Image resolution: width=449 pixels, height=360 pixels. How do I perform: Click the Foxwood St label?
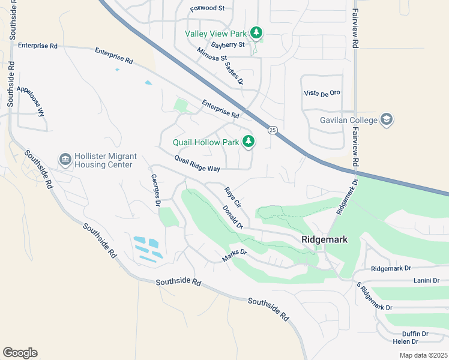pos(206,9)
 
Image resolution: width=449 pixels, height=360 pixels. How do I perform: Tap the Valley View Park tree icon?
pos(257,32)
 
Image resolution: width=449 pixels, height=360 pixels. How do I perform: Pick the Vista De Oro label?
pos(322,93)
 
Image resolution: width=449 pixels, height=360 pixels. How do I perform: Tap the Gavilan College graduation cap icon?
pos(387,119)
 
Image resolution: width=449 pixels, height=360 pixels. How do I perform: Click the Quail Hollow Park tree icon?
pos(248,142)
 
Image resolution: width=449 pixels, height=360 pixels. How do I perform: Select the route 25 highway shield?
pos(273,130)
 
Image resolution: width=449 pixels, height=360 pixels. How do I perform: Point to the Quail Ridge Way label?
pos(197,164)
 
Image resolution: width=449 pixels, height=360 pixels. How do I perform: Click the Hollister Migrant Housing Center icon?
pos(64,160)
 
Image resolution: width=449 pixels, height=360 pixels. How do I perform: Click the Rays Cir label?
pos(232,196)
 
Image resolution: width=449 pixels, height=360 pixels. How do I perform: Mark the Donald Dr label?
pos(232,217)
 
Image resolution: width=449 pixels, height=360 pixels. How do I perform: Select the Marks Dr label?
pos(234,256)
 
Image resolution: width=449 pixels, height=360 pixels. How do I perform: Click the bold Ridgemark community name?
pos(324,239)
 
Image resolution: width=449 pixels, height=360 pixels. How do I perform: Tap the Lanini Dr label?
pos(427,280)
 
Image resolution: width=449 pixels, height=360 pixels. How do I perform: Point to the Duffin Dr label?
pos(415,334)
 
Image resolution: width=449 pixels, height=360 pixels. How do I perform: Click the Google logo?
pos(20,352)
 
